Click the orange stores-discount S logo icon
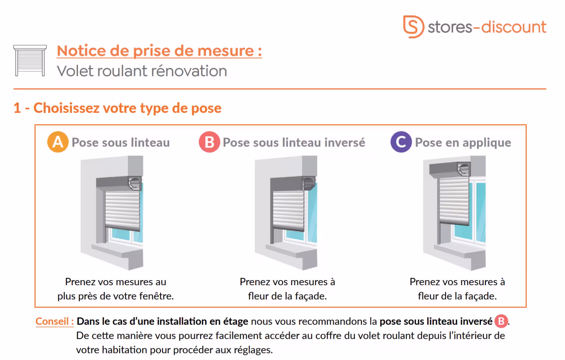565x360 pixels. [x=413, y=26]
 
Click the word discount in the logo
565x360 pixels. [x=514, y=27]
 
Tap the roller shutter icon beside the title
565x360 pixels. [x=30, y=60]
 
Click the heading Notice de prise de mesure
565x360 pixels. [x=159, y=51]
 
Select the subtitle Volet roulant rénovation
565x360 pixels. [x=142, y=71]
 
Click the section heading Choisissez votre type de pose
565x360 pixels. [x=127, y=108]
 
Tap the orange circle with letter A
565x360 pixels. [x=58, y=142]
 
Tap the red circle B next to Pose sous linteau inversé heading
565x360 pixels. [x=209, y=142]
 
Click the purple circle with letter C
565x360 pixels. [x=401, y=142]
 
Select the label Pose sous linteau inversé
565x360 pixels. [x=294, y=143]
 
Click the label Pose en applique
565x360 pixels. [x=463, y=143]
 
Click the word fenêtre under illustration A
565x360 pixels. [x=157, y=296]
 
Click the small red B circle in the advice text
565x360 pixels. [x=501, y=321]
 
